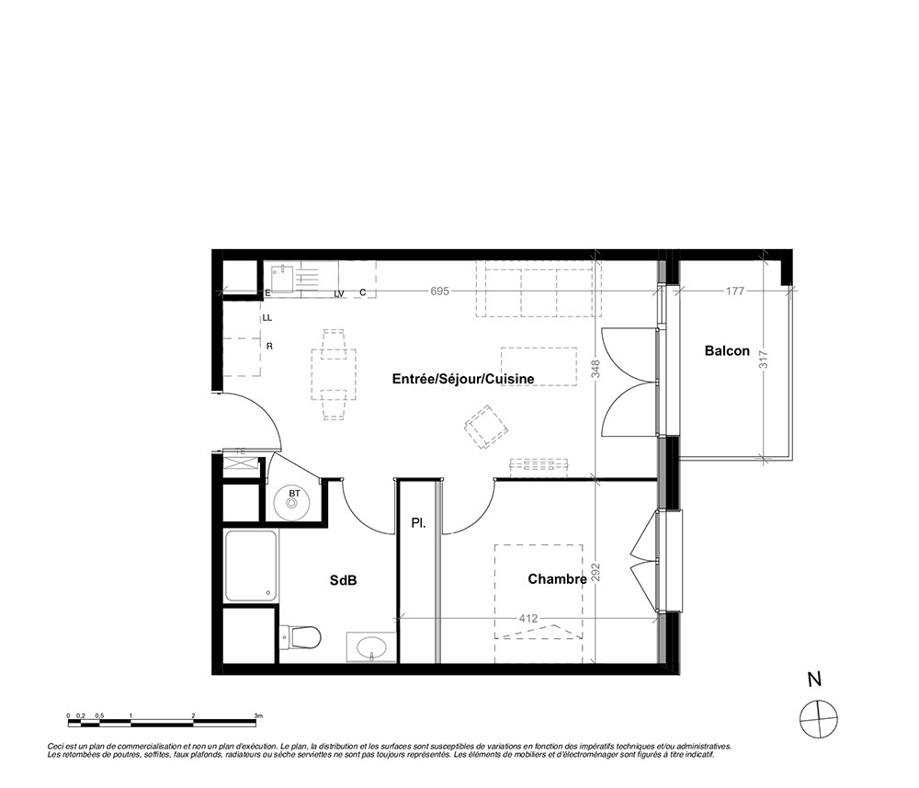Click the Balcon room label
coord(727,350)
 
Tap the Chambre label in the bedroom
coord(558,579)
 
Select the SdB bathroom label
coord(343,580)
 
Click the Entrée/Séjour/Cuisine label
coord(463,379)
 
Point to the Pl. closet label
coord(418,523)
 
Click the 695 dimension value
coord(439,291)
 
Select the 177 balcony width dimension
coord(735,291)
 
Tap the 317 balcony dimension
coord(763,359)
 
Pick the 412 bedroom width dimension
coord(528,618)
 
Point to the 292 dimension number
coord(596,573)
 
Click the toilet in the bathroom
coord(301,637)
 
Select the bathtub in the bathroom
coord(251,566)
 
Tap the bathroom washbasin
coord(371,647)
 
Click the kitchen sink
coord(282,278)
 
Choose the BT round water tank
coord(294,502)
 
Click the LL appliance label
coord(267,318)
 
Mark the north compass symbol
coord(819,719)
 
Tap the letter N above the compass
coord(814,680)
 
